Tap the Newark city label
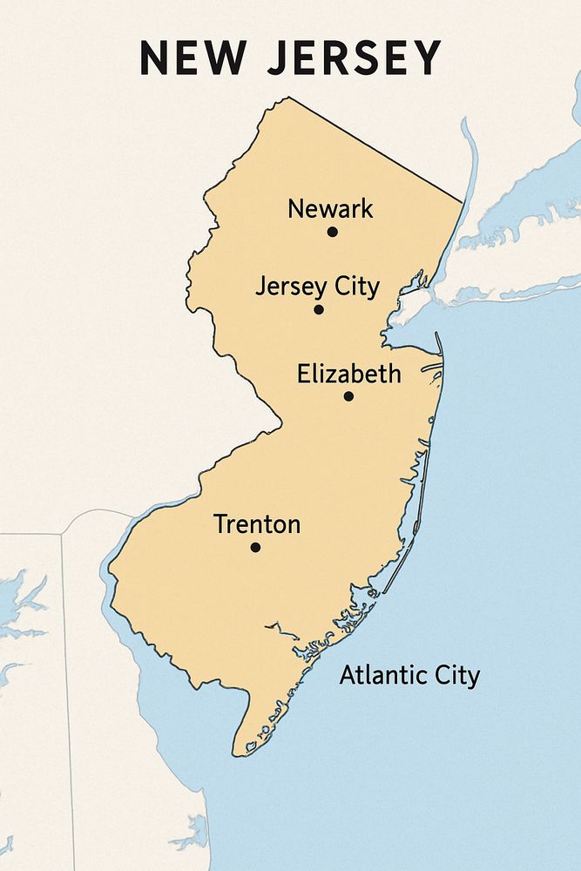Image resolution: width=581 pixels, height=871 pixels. tap(330, 209)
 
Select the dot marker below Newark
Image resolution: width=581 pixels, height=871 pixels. tap(332, 232)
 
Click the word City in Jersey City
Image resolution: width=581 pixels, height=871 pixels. tap(357, 287)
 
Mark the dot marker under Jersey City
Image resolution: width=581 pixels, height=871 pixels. tap(319, 309)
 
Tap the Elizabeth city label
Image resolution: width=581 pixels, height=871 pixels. tap(349, 375)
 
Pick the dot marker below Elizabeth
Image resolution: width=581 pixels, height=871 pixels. tap(348, 396)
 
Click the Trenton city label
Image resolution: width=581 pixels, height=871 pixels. tap(257, 524)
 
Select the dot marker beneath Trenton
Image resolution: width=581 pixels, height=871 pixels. tap(255, 547)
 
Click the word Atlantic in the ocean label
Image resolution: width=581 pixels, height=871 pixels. tap(379, 675)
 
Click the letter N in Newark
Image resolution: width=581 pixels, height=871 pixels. tap(294, 209)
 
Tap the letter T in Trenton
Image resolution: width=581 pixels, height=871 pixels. tap(220, 524)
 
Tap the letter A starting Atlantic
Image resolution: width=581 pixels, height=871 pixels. tap(346, 675)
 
